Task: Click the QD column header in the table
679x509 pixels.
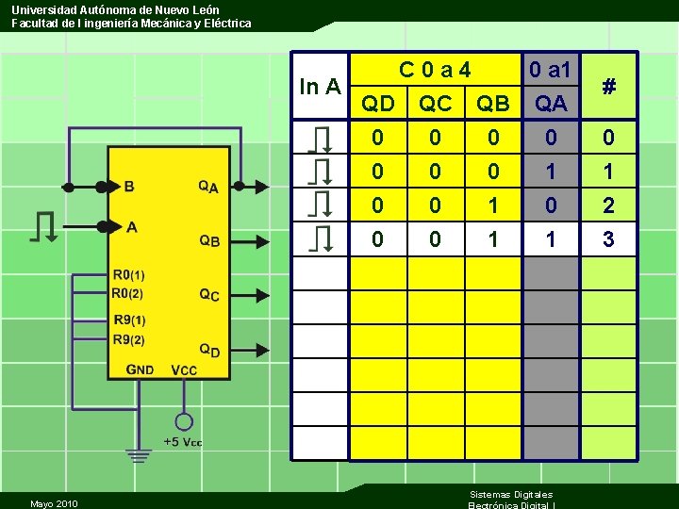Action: [378, 104]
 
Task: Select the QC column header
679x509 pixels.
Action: [435, 104]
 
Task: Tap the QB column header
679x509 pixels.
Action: [493, 104]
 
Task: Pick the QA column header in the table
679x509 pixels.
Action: [551, 104]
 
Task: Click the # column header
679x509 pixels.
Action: [609, 87]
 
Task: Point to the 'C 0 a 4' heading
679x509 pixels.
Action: [435, 70]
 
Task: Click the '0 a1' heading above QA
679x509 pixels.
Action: [550, 70]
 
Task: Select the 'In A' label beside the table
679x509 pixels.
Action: [320, 88]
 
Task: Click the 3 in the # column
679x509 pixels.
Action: [609, 240]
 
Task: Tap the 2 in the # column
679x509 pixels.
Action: [609, 205]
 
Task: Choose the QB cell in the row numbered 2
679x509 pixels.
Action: [493, 205]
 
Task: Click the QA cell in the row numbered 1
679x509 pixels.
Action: [551, 172]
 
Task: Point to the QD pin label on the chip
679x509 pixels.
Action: [209, 350]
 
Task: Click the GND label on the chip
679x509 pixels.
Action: [140, 369]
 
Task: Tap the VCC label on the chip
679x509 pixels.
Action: [184, 369]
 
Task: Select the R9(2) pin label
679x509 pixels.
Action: [129, 339]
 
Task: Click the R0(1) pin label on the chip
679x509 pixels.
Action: [129, 275]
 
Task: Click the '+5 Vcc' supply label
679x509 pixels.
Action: [183, 441]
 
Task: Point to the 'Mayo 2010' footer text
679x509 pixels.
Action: [54, 503]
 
